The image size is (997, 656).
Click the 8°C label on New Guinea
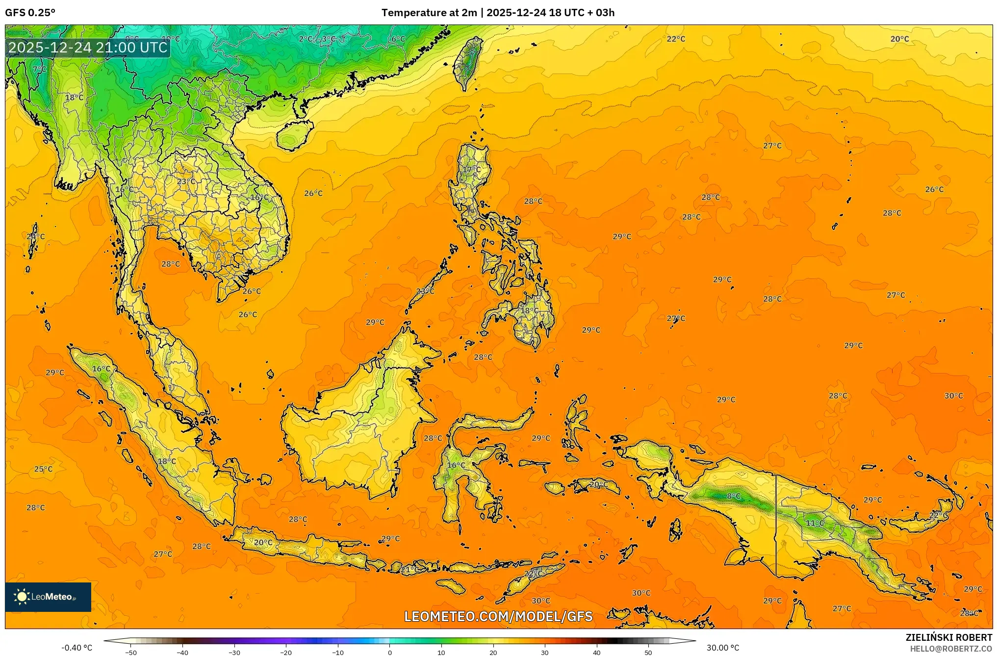[734, 496]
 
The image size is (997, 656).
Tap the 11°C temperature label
[815, 523]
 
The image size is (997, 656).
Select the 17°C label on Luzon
[472, 170]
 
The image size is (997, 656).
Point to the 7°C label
[40, 70]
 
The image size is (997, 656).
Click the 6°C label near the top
[398, 39]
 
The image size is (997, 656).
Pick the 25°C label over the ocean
[43, 469]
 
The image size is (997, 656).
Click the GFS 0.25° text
[30, 13]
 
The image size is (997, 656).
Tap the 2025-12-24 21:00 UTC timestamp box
[88, 48]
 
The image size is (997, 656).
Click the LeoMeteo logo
[48, 597]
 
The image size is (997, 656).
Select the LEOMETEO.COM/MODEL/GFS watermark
[498, 616]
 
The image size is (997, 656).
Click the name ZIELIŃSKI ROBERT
[948, 637]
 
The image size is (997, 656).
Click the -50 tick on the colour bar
[131, 653]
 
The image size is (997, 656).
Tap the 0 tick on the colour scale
[390, 653]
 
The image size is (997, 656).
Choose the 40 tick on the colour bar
[597, 653]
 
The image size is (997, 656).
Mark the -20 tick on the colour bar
[286, 653]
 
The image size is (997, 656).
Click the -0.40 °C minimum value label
[77, 648]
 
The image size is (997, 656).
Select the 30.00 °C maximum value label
[723, 648]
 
